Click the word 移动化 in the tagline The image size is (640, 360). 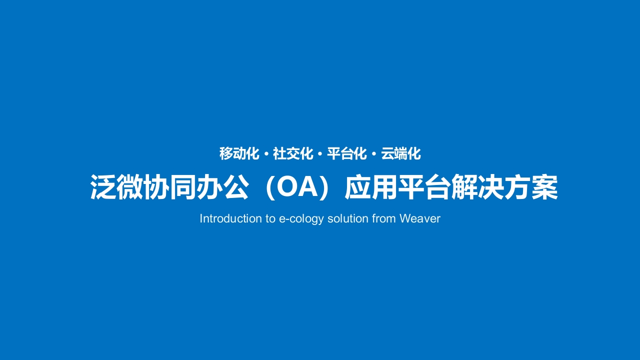click(x=239, y=153)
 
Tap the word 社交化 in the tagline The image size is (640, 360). click(x=293, y=153)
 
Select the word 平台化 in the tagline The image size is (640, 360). click(x=347, y=153)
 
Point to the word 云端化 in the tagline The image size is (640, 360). click(x=401, y=153)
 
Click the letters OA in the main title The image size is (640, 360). click(x=297, y=187)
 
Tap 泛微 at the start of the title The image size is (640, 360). click(x=117, y=187)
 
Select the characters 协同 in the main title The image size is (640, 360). click(x=170, y=187)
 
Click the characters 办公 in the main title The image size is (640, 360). click(x=223, y=187)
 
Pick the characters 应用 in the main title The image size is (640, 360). click(x=371, y=187)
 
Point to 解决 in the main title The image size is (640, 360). click(x=477, y=187)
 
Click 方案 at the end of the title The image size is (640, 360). click(x=531, y=187)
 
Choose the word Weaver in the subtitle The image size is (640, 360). click(x=420, y=218)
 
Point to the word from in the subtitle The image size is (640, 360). click(x=383, y=218)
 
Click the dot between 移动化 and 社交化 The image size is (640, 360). click(x=266, y=154)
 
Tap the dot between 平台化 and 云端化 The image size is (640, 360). click(x=374, y=154)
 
